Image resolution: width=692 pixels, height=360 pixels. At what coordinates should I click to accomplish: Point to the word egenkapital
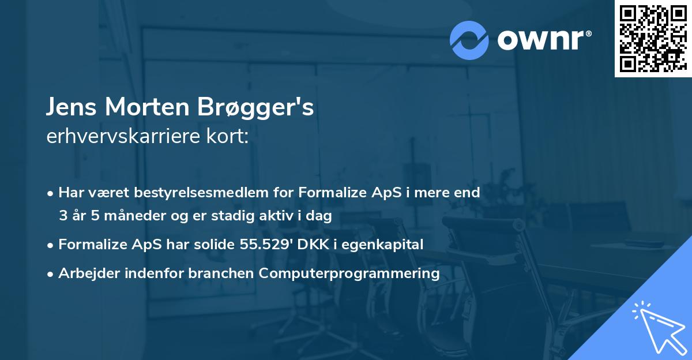point(392,245)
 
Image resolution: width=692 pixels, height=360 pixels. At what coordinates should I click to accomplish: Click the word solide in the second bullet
point(216,244)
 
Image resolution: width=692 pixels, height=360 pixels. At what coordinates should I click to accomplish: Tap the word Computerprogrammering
point(349,273)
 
